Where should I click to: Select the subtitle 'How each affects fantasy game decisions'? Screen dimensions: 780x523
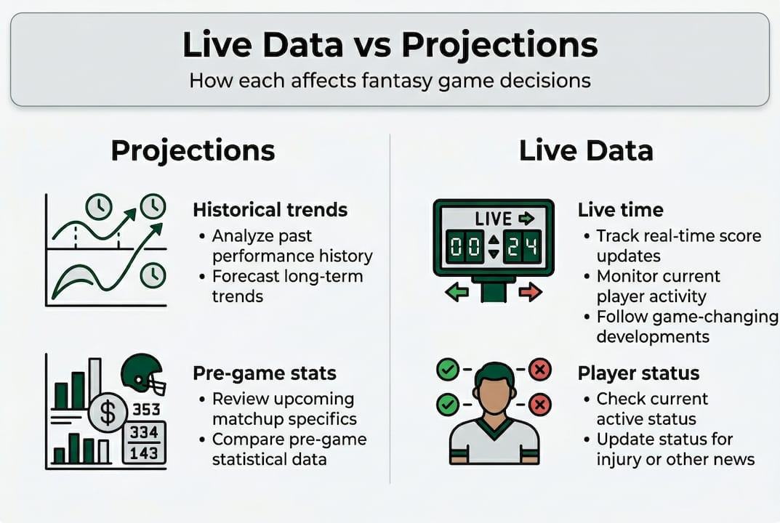(390, 81)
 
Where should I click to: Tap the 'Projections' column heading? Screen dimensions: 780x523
(193, 151)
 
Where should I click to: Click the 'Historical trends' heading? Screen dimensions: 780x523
(270, 210)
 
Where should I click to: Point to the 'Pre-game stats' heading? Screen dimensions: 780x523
(265, 373)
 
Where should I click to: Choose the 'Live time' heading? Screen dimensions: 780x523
(620, 210)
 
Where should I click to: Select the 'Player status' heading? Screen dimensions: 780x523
(638, 373)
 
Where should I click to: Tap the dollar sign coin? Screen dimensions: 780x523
(108, 413)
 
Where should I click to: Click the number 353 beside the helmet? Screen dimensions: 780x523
(146, 410)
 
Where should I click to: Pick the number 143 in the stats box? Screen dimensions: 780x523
(144, 453)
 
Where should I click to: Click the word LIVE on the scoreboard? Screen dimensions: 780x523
(494, 219)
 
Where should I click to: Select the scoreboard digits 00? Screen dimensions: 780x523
(465, 246)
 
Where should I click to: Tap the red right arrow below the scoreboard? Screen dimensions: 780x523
(530, 291)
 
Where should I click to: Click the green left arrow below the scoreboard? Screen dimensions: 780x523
(457, 291)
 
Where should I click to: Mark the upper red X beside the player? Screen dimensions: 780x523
(539, 370)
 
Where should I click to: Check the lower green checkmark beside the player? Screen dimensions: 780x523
(448, 404)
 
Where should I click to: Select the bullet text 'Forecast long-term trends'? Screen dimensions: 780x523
(288, 286)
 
